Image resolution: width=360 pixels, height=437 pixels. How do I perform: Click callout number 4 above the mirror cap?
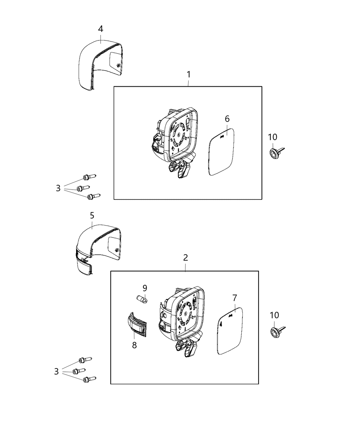(x=100, y=29)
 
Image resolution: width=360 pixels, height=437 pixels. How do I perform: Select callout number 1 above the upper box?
(x=189, y=74)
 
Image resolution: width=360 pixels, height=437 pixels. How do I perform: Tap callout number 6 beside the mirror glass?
(x=227, y=119)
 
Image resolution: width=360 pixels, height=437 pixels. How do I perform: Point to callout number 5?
(x=92, y=215)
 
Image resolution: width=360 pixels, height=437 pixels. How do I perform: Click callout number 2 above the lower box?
(x=185, y=258)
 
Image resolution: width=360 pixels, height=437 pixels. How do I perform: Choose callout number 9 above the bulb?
(x=145, y=288)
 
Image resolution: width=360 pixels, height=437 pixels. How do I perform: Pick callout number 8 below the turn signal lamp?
(x=134, y=345)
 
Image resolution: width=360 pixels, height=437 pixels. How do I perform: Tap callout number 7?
(x=235, y=298)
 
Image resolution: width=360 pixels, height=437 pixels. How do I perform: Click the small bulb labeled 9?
(x=142, y=299)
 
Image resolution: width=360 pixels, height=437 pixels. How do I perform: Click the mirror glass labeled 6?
(x=221, y=152)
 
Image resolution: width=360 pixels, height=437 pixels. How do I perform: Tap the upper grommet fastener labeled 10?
(x=276, y=152)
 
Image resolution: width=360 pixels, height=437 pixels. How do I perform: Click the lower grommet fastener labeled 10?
(x=277, y=332)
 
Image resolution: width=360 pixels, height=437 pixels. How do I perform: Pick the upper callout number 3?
(x=58, y=188)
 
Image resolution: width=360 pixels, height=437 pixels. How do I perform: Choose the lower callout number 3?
(x=56, y=372)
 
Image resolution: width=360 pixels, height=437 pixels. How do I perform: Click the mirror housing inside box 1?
(x=175, y=142)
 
